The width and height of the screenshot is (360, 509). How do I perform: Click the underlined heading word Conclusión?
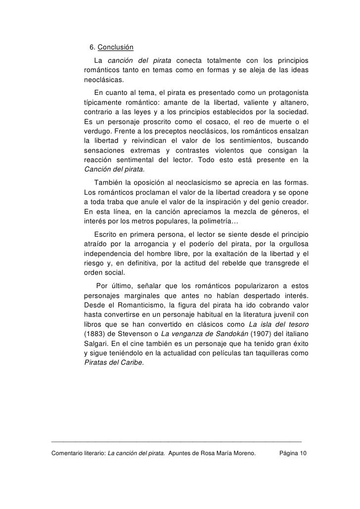tap(116, 48)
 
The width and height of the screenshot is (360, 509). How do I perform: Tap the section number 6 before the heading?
tap(91, 48)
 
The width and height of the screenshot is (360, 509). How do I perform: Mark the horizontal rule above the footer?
tap(176, 440)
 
